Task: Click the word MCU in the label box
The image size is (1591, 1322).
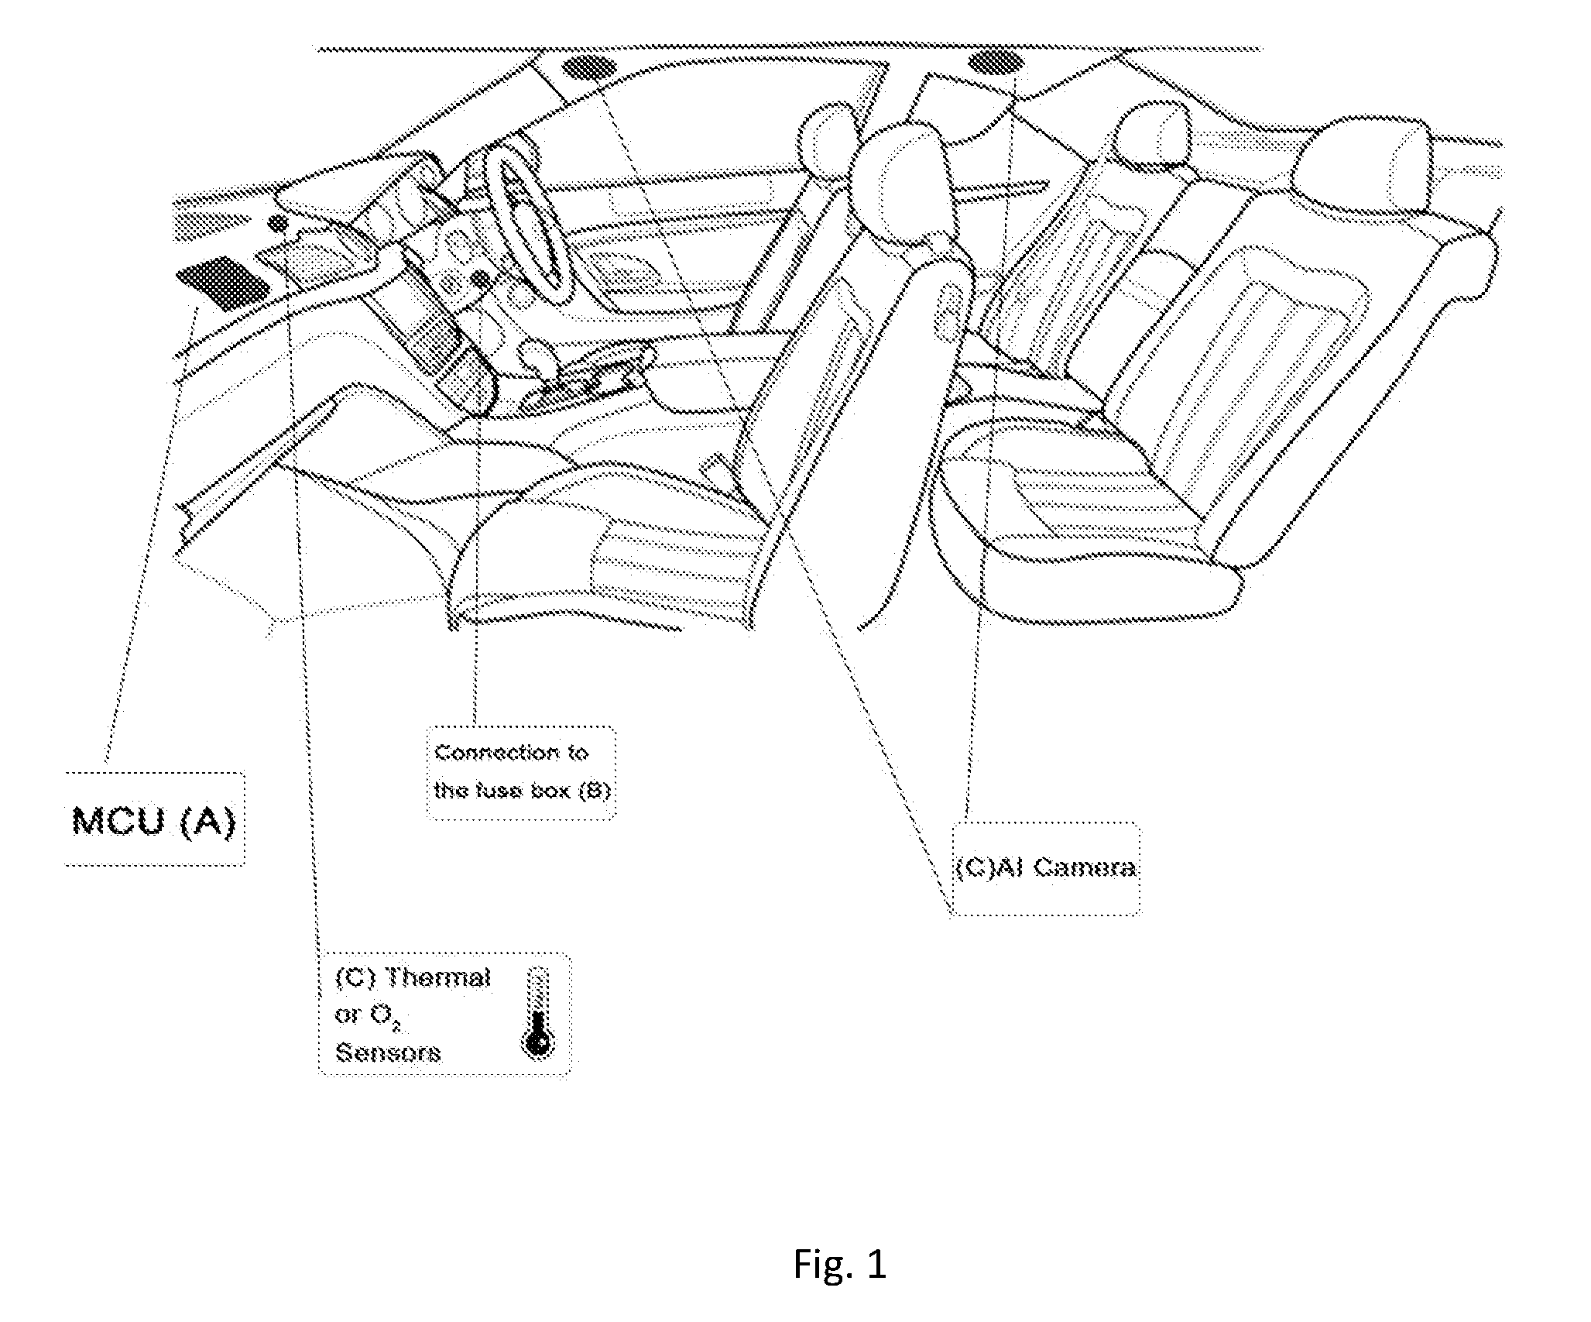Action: pos(118,821)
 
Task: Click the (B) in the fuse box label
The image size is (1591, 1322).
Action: pos(595,791)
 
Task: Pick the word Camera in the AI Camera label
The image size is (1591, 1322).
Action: pos(1084,868)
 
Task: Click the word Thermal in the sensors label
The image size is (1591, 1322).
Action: pos(438,978)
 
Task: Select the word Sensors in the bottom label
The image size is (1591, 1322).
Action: pos(387,1052)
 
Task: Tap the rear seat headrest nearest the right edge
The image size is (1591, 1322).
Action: pos(1363,165)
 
